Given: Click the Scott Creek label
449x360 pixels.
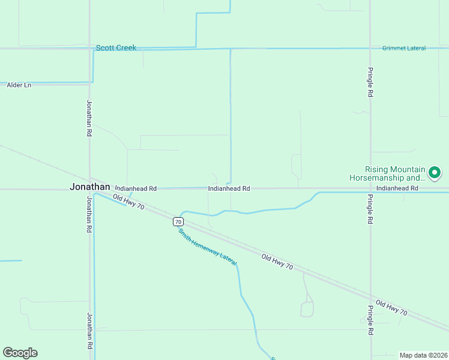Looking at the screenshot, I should [x=116, y=47].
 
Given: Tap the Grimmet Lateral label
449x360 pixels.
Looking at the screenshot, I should [x=403, y=48].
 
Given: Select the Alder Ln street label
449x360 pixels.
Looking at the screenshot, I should [x=19, y=85].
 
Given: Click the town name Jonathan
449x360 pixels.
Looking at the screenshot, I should [x=90, y=187].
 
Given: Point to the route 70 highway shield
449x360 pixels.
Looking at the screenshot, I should [x=178, y=221].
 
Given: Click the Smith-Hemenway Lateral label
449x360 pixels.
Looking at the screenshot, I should [x=208, y=247].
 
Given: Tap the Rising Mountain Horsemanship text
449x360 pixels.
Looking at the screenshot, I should [x=387, y=173].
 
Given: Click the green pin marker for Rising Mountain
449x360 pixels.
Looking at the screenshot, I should [x=435, y=173].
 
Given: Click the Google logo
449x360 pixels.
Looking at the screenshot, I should [x=20, y=352].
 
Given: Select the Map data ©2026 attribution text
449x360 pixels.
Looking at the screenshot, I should [x=423, y=355].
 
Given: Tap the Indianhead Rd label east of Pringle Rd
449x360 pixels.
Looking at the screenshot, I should [x=397, y=188].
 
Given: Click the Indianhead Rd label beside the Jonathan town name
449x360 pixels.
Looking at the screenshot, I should [x=136, y=188].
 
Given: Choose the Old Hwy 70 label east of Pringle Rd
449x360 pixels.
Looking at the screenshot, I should [x=391, y=308].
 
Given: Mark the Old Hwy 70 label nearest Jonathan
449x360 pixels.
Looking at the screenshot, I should [x=128, y=202].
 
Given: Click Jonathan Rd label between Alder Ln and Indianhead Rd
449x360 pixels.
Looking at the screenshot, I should [x=89, y=118].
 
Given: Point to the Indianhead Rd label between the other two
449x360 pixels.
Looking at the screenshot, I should [x=229, y=188].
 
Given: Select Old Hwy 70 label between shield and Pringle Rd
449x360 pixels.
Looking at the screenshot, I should [x=277, y=262].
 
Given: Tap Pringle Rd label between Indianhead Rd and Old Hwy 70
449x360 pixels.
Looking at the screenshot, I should [x=370, y=209].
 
